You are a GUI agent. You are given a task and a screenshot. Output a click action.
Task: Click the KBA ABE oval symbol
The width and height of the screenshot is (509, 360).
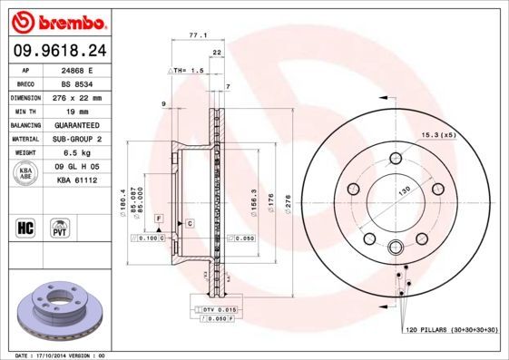pyautogui.click(x=27, y=173)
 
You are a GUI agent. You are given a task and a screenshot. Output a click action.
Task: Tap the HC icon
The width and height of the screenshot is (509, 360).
pyautogui.click(x=26, y=226)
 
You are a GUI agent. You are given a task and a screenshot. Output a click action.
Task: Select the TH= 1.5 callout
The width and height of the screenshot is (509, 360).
pyautogui.click(x=182, y=70)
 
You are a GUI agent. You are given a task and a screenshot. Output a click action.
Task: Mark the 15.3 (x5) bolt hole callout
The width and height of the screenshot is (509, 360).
pyautogui.click(x=436, y=135)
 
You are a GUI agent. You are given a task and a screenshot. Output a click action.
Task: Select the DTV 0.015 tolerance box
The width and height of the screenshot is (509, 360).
pyautogui.click(x=215, y=310)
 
